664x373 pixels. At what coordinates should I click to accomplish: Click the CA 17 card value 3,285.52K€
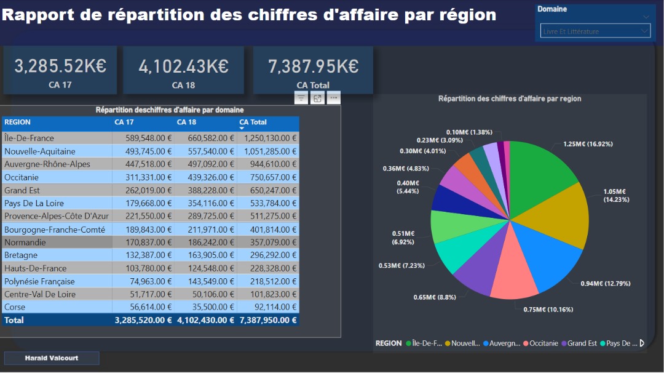[60, 66]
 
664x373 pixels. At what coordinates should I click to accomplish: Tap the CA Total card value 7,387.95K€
[313, 66]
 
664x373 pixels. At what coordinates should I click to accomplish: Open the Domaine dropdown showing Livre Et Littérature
[595, 31]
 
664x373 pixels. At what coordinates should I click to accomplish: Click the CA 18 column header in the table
[186, 122]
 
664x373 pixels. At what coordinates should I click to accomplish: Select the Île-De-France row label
[29, 138]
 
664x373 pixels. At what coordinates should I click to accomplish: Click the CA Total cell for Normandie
[268, 243]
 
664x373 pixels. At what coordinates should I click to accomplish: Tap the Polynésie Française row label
[39, 281]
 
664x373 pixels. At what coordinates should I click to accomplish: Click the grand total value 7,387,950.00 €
[268, 320]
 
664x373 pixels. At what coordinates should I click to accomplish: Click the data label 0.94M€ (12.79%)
[605, 284]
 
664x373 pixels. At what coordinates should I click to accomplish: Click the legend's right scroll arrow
[642, 343]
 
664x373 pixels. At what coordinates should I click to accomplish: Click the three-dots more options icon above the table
[333, 98]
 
